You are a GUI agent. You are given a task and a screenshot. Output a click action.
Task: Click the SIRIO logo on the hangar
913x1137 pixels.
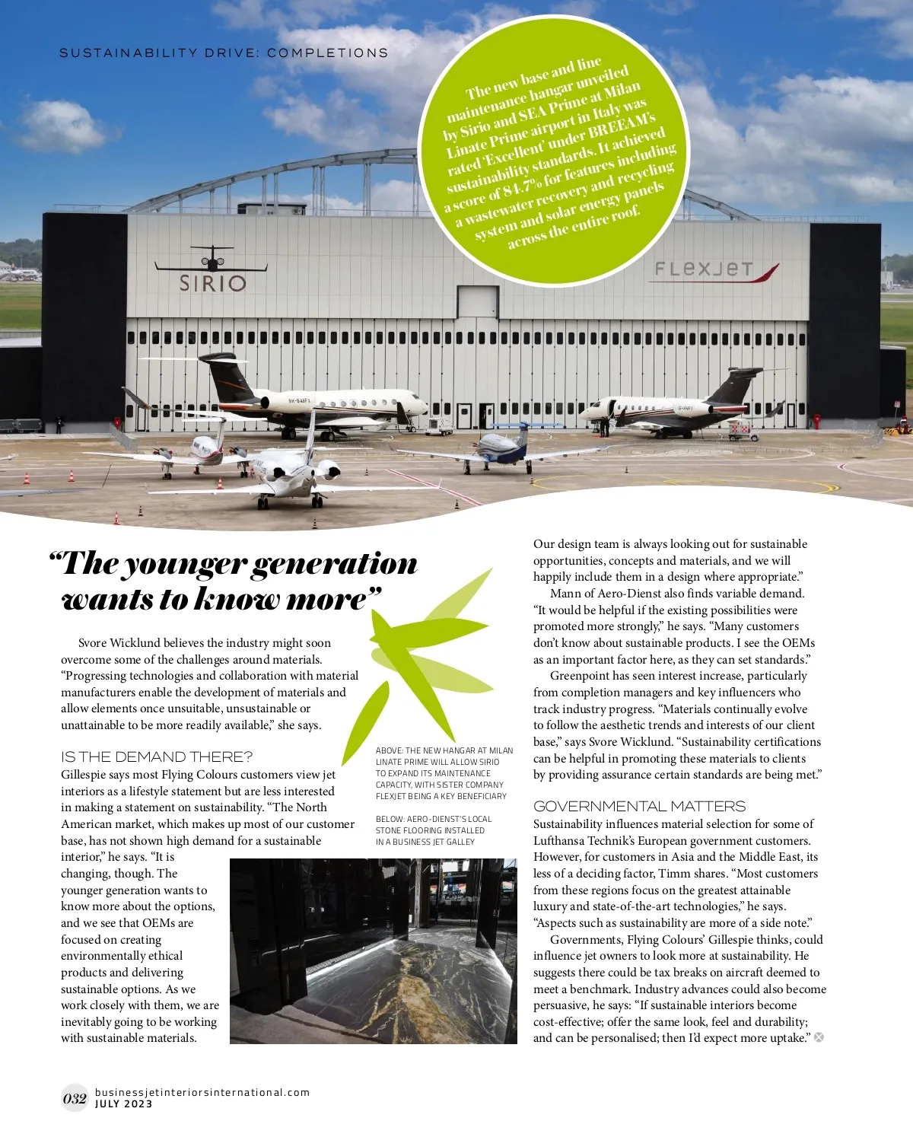[x=212, y=282]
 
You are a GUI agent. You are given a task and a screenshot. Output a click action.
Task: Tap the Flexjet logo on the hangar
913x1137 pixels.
[x=716, y=270]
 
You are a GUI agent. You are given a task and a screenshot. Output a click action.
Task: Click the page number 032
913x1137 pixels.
[x=75, y=1098]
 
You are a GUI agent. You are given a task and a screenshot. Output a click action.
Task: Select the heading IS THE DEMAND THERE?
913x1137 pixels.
[x=157, y=756]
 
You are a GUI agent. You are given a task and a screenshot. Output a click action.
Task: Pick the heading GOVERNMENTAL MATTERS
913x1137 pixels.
[x=639, y=806]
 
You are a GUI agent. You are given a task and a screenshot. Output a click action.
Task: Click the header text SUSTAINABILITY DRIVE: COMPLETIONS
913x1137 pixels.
[x=224, y=53]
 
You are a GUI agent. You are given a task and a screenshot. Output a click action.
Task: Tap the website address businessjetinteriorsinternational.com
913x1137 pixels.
[x=202, y=1092]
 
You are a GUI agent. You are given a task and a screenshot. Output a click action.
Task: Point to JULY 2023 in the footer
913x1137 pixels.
[x=123, y=1104]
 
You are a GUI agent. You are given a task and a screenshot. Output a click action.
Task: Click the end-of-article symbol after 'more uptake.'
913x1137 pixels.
[x=819, y=1037]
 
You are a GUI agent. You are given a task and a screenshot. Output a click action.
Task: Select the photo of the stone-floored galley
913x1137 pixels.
[x=373, y=951]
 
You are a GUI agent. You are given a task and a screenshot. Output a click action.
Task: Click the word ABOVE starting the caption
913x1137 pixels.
[x=388, y=750]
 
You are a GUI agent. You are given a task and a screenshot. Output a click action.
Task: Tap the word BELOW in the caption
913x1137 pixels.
[x=389, y=819]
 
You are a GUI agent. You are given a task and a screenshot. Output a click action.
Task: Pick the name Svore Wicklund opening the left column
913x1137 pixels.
[x=119, y=643]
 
